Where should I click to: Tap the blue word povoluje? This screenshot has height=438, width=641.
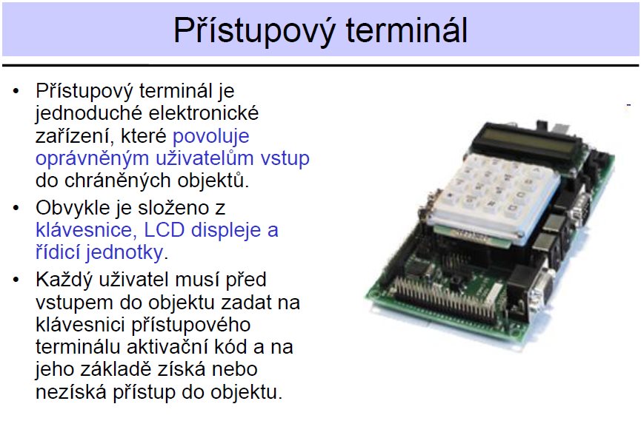211,136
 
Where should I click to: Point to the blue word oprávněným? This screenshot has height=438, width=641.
93,159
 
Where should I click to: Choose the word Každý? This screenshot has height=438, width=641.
62,280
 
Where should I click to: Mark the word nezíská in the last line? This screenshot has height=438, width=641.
71,392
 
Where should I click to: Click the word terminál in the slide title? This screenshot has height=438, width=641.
406,30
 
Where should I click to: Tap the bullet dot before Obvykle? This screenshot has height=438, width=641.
16,208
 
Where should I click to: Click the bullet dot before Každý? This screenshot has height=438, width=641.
16,280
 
